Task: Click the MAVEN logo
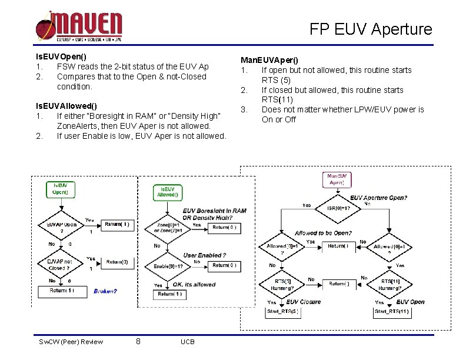(x=79, y=26)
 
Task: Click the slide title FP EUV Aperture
(x=371, y=29)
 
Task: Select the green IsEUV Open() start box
(x=61, y=189)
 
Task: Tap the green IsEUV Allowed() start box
(x=167, y=192)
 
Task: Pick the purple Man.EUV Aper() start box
(x=338, y=179)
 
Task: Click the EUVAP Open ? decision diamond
(x=61, y=228)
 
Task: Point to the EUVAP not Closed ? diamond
(x=61, y=264)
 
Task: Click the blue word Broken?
(x=105, y=291)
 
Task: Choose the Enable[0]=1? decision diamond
(x=168, y=266)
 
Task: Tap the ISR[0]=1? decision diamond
(x=338, y=208)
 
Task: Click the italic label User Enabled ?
(x=204, y=255)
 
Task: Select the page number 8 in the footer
(x=138, y=342)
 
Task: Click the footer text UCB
(x=188, y=342)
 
